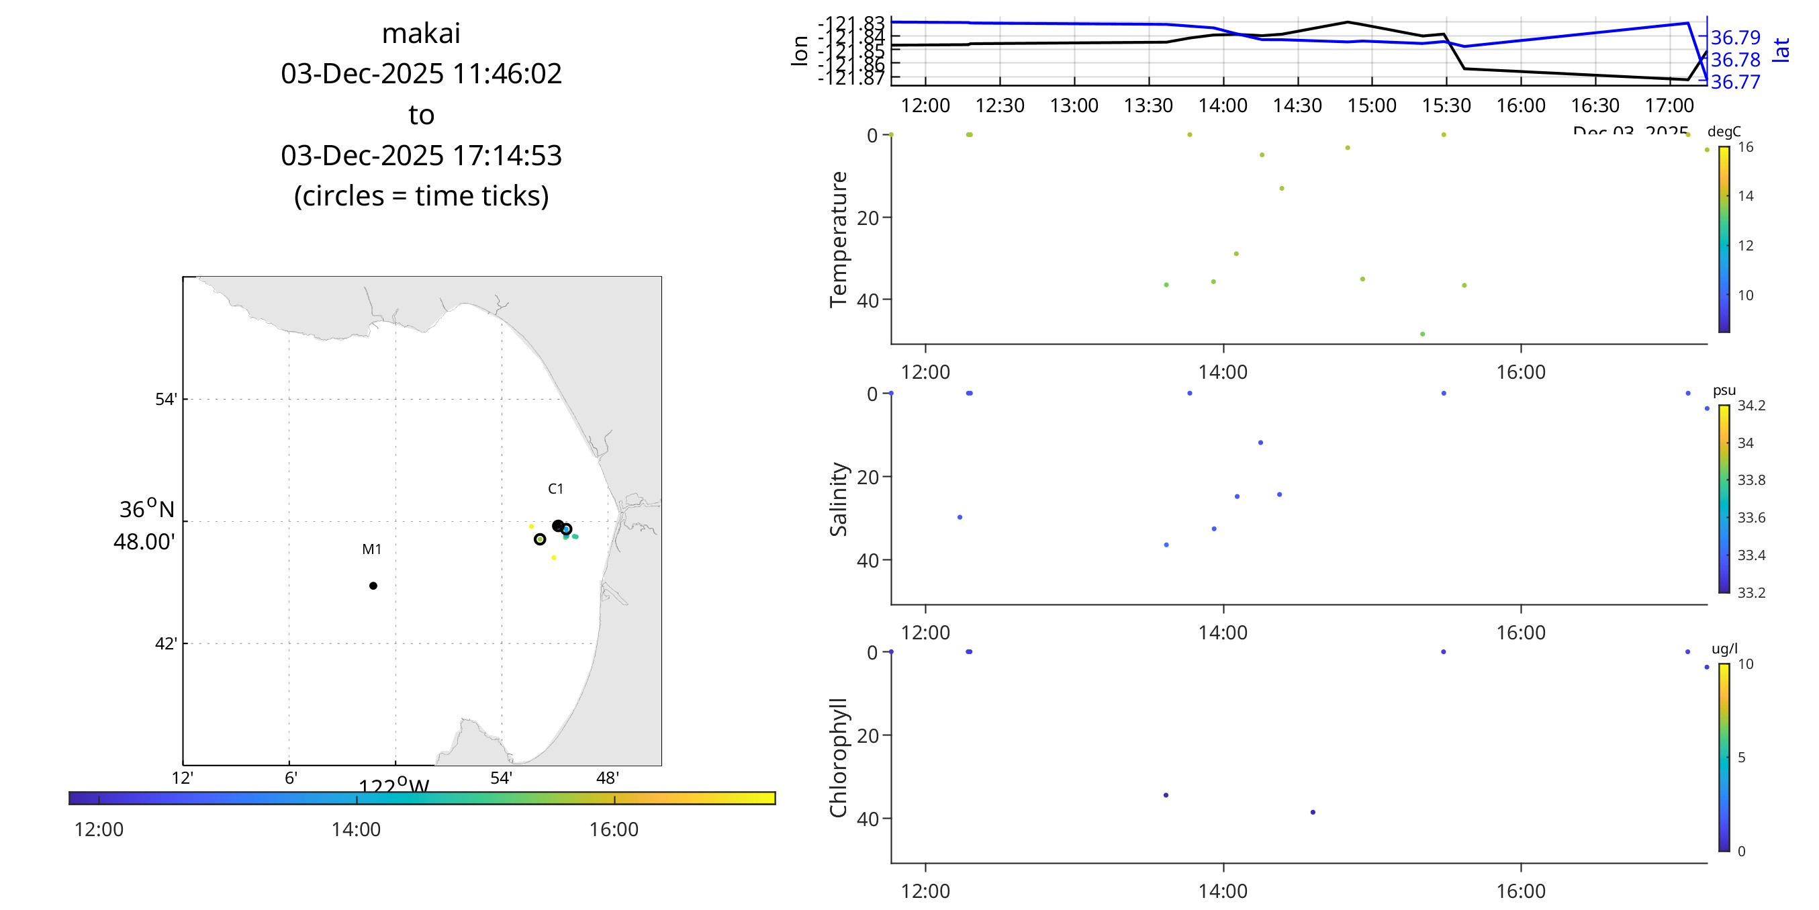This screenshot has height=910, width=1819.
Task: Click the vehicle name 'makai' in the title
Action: (x=421, y=33)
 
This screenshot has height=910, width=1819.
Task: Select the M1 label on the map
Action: (x=371, y=549)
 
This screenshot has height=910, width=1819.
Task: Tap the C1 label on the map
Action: (x=556, y=488)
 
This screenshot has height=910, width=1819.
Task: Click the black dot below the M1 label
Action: (x=373, y=586)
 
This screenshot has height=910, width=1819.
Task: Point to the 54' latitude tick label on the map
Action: (x=166, y=399)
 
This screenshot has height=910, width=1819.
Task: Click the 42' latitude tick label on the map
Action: (x=166, y=643)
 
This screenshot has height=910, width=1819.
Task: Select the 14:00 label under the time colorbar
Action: (x=356, y=829)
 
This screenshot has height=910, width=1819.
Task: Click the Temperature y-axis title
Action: (x=838, y=239)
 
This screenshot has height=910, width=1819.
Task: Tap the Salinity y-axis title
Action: (x=838, y=499)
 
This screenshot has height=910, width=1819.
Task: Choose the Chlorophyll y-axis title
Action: (x=838, y=758)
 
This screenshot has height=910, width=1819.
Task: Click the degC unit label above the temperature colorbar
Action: (x=1724, y=132)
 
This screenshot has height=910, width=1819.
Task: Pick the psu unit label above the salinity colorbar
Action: (x=1724, y=390)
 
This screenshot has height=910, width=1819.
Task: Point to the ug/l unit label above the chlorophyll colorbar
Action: (x=1724, y=649)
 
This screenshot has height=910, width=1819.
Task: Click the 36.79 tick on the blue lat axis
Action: (x=1735, y=38)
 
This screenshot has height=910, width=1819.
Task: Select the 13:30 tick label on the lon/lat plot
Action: (x=1148, y=105)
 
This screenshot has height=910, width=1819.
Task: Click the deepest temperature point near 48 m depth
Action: (x=1422, y=334)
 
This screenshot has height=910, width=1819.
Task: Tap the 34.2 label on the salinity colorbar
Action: (x=1751, y=406)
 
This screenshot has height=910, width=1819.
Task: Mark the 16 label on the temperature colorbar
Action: (x=1746, y=147)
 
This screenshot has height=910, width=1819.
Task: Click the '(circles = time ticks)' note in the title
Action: (x=421, y=195)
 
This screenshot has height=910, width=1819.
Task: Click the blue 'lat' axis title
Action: (x=1781, y=50)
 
